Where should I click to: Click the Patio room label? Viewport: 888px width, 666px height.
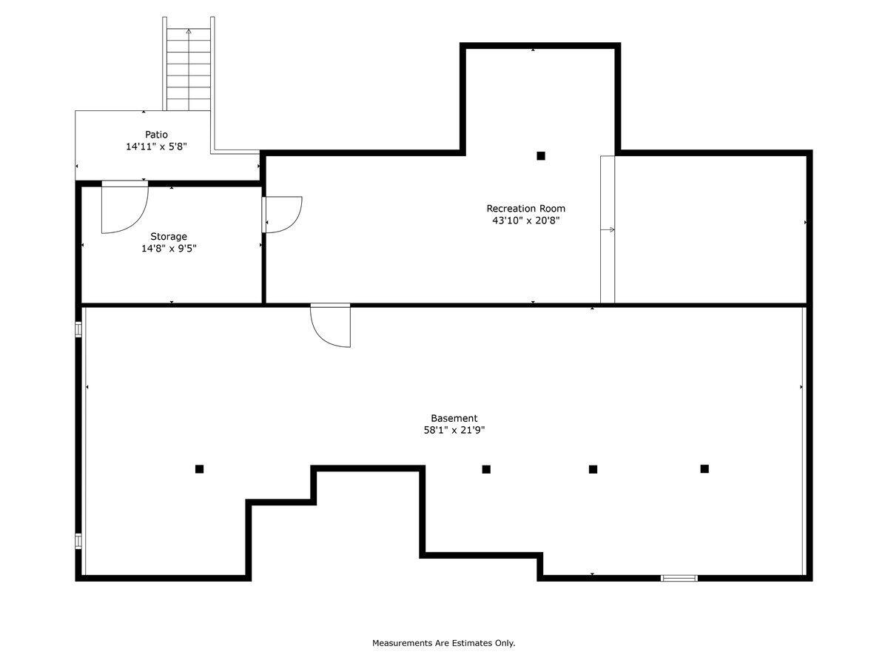click(x=156, y=135)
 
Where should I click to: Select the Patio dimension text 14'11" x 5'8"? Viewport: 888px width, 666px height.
click(x=156, y=147)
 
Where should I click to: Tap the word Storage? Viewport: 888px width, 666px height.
click(x=169, y=237)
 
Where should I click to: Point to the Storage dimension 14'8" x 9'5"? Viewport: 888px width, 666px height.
click(x=169, y=249)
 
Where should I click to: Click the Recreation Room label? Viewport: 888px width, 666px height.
click(x=525, y=209)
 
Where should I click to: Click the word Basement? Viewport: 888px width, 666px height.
click(x=454, y=418)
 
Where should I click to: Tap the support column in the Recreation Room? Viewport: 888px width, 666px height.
click(x=541, y=155)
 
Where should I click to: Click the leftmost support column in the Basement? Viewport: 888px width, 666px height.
click(x=199, y=468)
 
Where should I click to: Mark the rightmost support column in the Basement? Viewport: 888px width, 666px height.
click(x=704, y=468)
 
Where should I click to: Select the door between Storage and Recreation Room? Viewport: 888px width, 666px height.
click(x=283, y=215)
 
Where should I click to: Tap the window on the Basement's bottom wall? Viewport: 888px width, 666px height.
click(x=679, y=578)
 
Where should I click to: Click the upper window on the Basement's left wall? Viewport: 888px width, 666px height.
click(x=78, y=329)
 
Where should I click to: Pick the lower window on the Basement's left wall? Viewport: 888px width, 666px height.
click(x=78, y=541)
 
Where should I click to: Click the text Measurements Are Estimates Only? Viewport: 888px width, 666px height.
click(x=443, y=643)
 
